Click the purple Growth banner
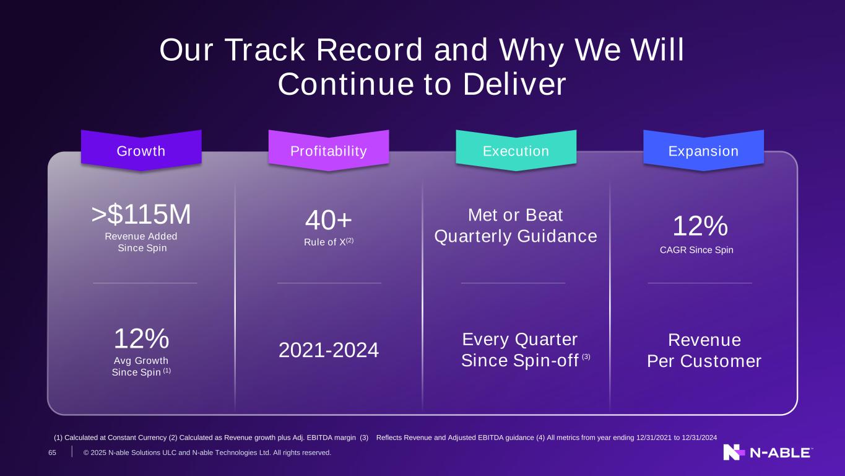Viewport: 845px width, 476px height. (141, 151)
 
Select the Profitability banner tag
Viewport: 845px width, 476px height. (329, 151)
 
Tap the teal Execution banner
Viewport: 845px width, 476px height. (516, 151)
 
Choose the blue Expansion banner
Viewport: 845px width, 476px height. (703, 151)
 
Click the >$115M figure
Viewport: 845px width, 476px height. (141, 214)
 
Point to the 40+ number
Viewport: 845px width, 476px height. (328, 220)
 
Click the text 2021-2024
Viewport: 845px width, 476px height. (329, 350)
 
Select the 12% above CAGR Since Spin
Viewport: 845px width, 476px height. (700, 226)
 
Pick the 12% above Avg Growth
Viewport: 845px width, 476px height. (142, 338)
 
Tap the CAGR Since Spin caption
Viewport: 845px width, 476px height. (696, 250)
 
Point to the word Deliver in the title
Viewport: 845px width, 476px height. (514, 84)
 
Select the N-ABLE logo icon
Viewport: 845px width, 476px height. (734, 452)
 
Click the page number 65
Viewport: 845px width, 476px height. (52, 452)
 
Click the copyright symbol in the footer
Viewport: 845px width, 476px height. (86, 452)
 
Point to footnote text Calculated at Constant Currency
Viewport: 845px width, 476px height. (115, 438)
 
